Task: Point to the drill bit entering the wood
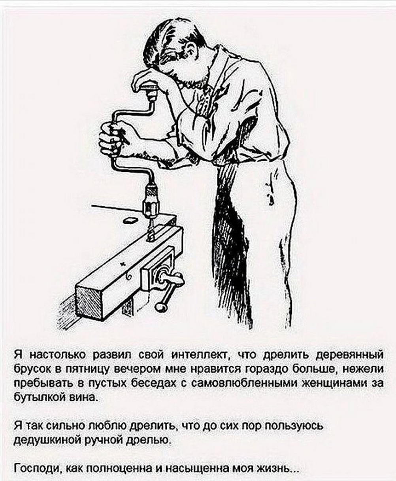click(151, 230)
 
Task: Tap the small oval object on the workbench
click(130, 220)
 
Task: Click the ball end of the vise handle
click(159, 307)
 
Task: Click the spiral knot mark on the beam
click(128, 277)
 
